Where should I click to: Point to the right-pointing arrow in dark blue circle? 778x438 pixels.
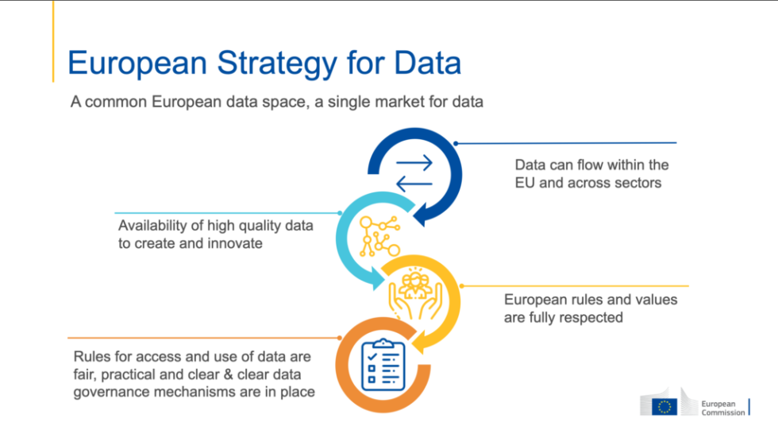(x=414, y=163)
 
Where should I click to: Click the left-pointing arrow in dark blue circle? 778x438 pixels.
(x=414, y=184)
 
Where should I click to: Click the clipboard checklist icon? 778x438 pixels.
(x=383, y=364)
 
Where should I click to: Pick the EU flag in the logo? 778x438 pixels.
(x=664, y=406)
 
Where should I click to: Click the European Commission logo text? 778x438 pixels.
(x=722, y=407)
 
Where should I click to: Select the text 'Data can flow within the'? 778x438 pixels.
(x=591, y=165)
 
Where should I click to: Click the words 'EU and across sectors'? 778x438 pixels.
(x=588, y=183)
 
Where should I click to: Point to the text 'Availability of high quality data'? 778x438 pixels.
(x=216, y=226)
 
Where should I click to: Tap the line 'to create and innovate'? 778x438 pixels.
(x=191, y=243)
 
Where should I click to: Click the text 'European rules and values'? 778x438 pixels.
(x=591, y=300)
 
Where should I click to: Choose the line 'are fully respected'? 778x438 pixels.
(x=564, y=318)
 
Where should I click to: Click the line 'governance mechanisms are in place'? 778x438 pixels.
(x=194, y=391)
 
